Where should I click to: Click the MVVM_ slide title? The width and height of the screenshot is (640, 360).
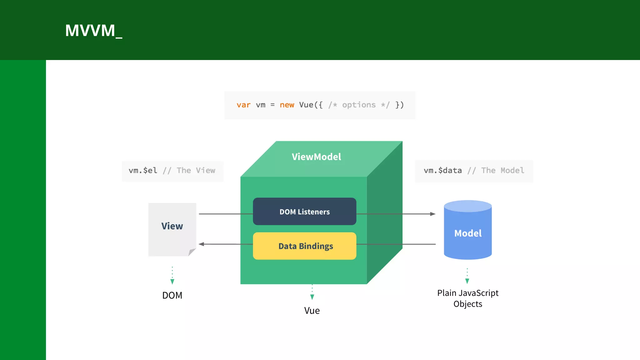pos(93,31)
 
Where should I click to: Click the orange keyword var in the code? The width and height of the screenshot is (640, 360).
pos(243,105)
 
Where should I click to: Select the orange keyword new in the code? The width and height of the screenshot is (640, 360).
pos(287,105)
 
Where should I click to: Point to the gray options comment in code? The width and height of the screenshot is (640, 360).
pos(359,105)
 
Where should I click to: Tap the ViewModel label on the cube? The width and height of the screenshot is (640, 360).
pos(316,157)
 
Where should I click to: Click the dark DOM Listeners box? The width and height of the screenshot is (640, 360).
pos(304,212)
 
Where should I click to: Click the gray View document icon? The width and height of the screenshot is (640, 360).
pos(172,230)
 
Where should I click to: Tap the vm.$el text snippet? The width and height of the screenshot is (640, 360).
pos(143,171)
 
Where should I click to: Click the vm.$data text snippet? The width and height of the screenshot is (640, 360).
pos(442,171)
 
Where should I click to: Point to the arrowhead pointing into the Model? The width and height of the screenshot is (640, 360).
pos(433,214)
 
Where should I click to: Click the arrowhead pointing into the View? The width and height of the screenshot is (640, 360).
pos(202,244)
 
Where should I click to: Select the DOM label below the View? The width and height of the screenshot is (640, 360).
pos(172,295)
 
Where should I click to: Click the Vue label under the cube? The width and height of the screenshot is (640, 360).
pos(312,311)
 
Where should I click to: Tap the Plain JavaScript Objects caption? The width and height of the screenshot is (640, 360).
pos(468,298)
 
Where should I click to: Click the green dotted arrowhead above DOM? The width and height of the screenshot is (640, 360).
pos(172,282)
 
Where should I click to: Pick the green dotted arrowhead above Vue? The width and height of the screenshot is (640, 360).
pos(312,297)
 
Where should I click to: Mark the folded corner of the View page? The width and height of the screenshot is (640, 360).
pos(192,252)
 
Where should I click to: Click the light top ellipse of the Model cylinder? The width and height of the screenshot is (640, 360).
pos(468,206)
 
